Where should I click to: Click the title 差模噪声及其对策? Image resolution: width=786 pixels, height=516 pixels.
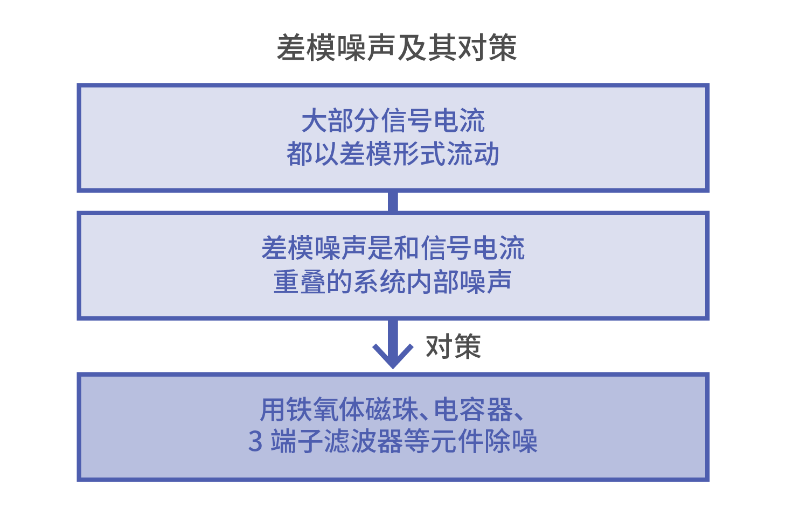397,48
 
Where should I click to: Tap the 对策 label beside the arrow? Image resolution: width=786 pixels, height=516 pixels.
453,347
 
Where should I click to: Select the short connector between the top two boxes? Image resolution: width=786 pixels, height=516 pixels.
393,202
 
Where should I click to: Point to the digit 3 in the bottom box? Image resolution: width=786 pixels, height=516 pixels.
255,441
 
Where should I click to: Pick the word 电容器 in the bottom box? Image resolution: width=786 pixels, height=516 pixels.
474,409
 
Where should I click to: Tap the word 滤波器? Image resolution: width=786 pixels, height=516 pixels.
363,441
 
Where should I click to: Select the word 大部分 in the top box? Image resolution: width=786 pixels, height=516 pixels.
341,121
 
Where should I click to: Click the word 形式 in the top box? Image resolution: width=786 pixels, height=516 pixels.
419,153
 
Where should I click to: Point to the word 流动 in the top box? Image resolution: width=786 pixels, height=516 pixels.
472,153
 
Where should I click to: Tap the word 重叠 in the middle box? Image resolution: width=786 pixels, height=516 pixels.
300,281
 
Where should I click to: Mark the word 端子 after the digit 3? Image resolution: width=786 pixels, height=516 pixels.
297,441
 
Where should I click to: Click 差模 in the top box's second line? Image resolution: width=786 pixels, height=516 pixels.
366,153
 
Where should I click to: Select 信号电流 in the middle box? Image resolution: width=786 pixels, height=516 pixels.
472,248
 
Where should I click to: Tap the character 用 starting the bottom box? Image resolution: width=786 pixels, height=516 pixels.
272,409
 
